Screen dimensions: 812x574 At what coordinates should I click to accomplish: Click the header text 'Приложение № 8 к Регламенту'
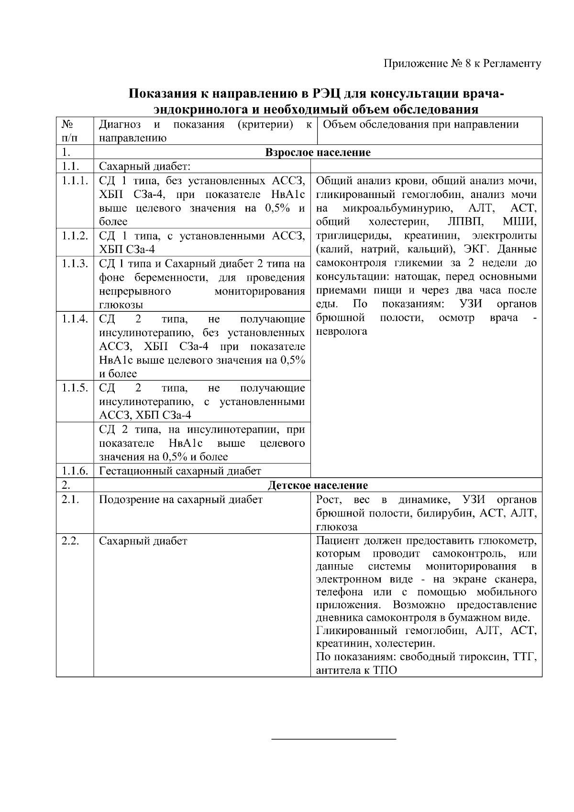463,64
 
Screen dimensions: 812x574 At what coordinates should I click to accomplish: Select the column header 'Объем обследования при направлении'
421,125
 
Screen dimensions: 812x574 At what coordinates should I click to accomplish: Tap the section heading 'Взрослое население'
318,153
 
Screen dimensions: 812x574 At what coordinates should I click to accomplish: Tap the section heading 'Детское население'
318,485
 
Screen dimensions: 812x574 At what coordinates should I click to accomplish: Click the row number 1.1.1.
74,181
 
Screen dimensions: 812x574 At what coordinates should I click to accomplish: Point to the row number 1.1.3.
74,263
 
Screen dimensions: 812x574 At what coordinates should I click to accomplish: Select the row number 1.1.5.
74,388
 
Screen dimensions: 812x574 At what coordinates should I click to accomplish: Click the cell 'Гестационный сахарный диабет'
180,471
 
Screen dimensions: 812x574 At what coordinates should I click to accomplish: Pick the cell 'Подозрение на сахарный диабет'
181,500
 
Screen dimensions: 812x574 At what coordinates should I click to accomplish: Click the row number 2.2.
70,541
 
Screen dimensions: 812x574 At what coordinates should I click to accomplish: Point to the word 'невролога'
342,331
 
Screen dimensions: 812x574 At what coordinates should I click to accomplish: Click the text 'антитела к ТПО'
356,670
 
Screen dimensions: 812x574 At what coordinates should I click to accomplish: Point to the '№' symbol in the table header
66,125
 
